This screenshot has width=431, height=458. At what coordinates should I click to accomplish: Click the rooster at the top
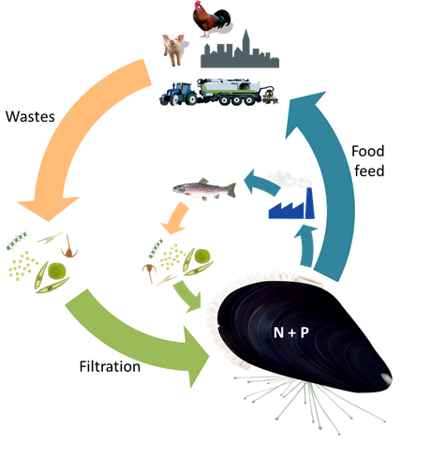click(x=212, y=19)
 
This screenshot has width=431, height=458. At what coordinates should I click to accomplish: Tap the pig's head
click(x=172, y=41)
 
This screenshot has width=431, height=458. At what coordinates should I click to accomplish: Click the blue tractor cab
click(x=182, y=88)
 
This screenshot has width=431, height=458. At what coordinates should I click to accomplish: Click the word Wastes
click(x=30, y=117)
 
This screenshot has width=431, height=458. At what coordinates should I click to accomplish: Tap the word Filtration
click(x=110, y=366)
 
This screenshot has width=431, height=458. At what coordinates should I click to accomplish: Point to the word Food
click(x=368, y=152)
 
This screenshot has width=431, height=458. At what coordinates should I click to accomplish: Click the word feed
click(x=369, y=171)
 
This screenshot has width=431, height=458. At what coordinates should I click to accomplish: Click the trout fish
click(x=204, y=189)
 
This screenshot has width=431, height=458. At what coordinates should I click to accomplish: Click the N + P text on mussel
click(x=291, y=332)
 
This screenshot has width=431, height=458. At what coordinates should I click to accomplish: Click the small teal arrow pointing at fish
click(x=260, y=183)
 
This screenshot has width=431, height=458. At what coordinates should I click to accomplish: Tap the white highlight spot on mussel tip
click(x=386, y=378)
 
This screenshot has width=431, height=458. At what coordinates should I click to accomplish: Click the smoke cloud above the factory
click(x=290, y=179)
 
